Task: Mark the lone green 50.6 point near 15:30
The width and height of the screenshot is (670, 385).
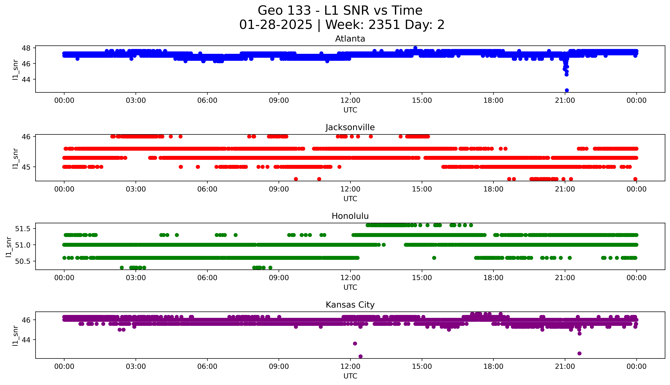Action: [434, 258]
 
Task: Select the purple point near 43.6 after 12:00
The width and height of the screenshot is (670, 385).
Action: [355, 343]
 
